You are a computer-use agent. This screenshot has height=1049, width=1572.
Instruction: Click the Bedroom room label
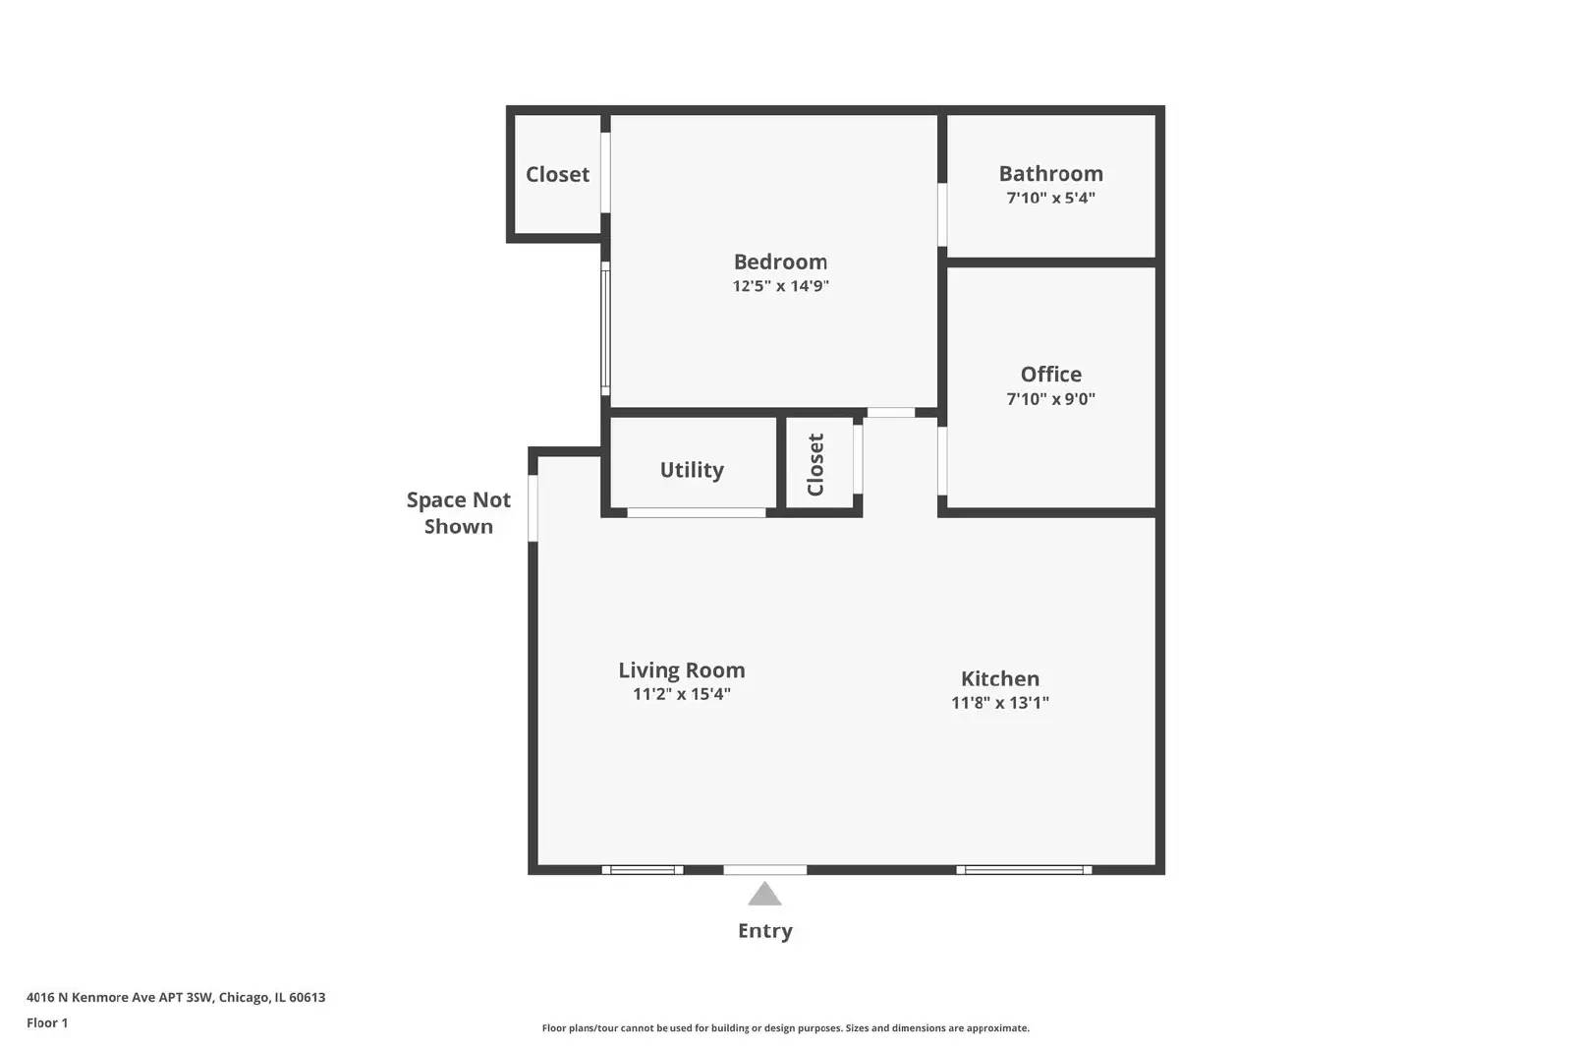pos(780,262)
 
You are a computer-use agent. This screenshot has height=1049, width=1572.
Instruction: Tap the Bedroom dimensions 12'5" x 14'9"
pos(780,286)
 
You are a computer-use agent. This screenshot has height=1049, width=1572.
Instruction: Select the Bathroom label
pos(1050,174)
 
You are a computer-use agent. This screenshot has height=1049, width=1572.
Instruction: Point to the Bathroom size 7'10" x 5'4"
pos(1050,198)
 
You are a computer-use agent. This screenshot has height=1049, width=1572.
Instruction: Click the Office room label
pos(1050,375)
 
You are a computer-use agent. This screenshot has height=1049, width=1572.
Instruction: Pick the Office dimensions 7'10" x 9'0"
pos(1050,399)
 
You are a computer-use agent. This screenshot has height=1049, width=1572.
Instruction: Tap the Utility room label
pos(692,470)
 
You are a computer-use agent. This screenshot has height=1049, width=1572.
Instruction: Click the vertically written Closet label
pos(815,465)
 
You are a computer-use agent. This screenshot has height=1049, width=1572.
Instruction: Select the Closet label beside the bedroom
pos(557,175)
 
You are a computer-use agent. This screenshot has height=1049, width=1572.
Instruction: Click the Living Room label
pos(681,670)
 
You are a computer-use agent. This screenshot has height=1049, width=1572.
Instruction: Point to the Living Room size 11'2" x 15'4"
pos(681,694)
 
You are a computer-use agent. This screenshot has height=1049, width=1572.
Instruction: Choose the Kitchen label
pos(999,678)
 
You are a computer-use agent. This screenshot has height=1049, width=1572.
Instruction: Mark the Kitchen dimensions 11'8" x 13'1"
pos(999,703)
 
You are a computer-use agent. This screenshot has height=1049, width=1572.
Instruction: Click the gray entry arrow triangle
pos(764,895)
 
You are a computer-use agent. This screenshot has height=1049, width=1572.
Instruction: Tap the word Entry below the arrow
pos(764,931)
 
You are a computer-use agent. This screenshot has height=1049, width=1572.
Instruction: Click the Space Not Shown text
pos(459,513)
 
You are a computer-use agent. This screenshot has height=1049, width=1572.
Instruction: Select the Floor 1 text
pos(47,1022)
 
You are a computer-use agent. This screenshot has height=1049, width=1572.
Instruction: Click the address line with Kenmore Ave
pos(176,997)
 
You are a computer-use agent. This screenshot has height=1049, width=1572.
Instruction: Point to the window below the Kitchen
pos(1024,870)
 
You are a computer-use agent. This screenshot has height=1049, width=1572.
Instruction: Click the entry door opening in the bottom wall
pos(764,870)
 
